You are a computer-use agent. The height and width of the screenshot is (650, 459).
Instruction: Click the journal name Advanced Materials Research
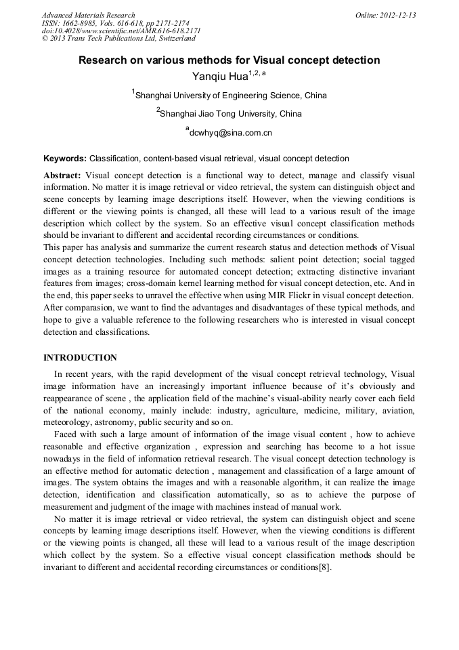88,15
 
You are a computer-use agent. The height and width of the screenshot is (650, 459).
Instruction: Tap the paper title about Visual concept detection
229,60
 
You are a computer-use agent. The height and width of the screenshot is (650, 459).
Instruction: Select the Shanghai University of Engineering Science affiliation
231,96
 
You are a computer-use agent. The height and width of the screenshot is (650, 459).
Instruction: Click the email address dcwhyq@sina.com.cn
230,133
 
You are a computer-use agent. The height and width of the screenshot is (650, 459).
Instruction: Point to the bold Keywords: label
65,159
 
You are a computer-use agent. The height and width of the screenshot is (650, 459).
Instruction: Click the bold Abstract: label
62,175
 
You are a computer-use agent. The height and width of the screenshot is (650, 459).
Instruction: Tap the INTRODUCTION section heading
80,358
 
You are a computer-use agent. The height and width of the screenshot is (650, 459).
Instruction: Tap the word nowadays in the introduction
64,458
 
